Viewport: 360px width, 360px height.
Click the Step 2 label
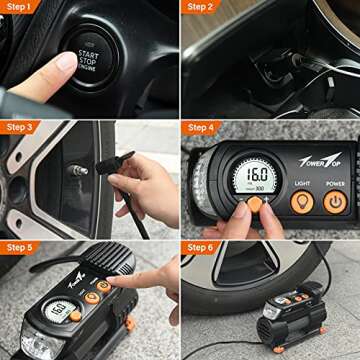coord(201,7)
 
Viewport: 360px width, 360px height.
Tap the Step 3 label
coord(20,127)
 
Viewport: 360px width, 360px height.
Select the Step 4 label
coord(201,127)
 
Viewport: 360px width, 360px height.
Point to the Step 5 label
coord(20,247)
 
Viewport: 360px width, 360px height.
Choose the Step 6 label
coord(201,247)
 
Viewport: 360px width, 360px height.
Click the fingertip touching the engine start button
coord(67,62)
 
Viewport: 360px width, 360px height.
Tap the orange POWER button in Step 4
coord(335,202)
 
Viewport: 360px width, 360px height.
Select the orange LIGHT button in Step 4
coord(302,202)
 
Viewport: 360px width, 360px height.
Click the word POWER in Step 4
coord(335,183)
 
